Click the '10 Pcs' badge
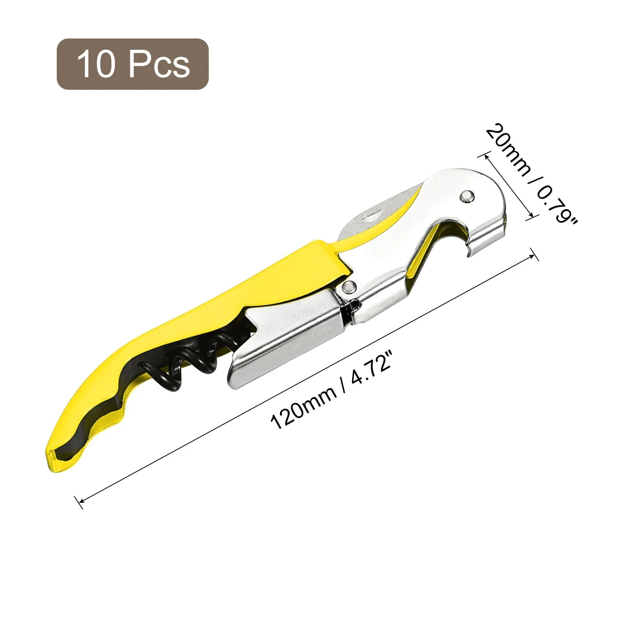tap(133, 64)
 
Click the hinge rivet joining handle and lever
tap(349, 287)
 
